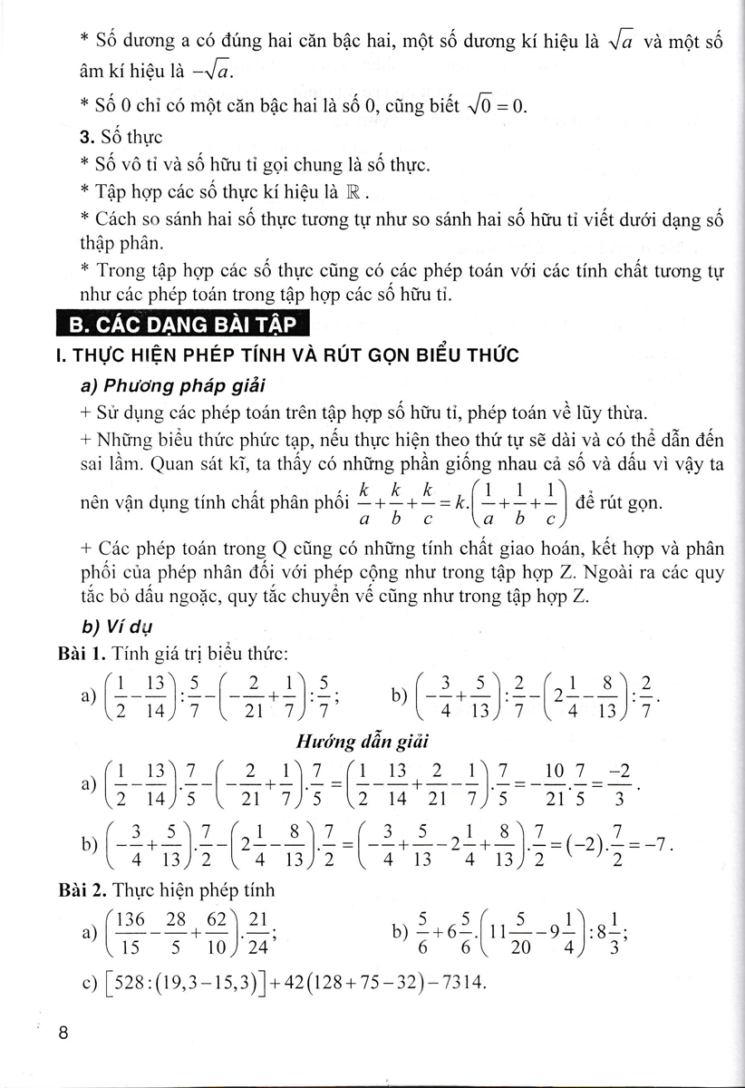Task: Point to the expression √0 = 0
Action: (x=495, y=106)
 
